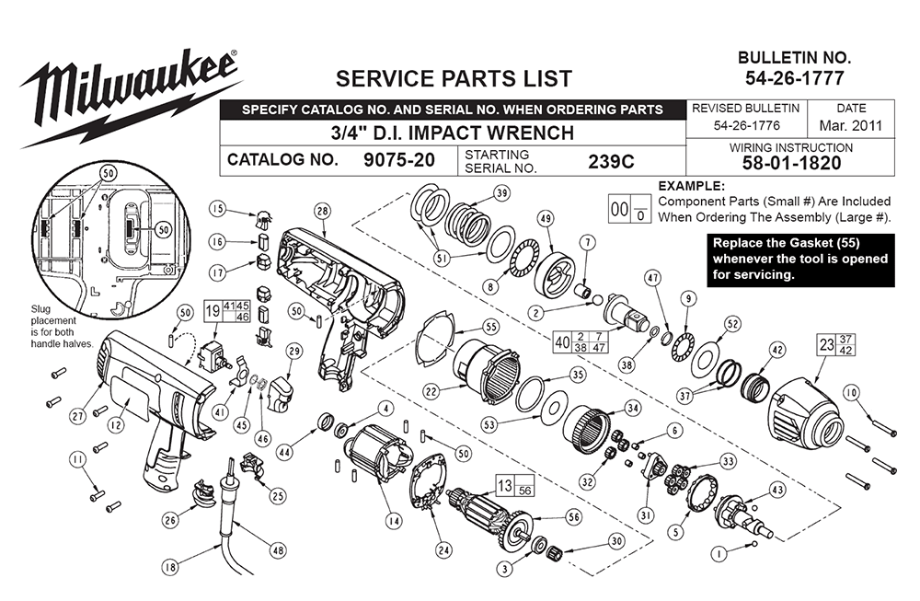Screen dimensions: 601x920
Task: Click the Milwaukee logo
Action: [x=129, y=87]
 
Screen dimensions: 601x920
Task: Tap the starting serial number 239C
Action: [x=611, y=160]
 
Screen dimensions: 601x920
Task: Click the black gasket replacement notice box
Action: [x=799, y=260]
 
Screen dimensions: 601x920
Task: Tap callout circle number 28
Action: [x=321, y=211]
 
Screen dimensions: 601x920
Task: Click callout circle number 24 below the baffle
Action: [x=444, y=551]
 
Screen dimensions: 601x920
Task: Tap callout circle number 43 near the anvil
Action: [x=777, y=490]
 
